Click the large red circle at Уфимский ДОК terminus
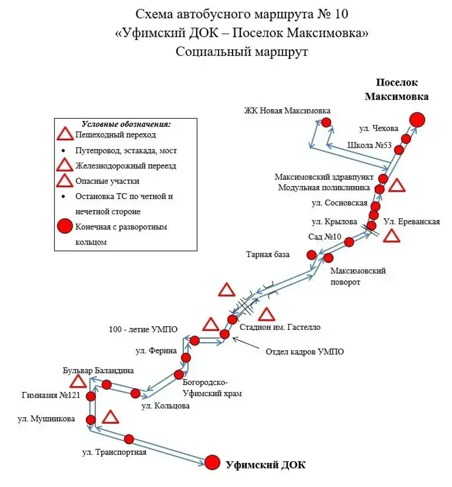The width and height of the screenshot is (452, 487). click(212, 462)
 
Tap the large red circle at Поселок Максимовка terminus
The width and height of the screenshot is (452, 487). click(417, 120)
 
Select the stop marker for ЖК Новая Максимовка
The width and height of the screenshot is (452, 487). click(326, 123)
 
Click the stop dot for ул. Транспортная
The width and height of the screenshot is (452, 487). click(129, 439)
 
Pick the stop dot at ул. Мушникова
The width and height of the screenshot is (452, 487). click(91, 420)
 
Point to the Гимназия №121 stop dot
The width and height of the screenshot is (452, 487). click(91, 396)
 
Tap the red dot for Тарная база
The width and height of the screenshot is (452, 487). click(311, 255)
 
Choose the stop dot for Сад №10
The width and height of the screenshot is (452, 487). click(349, 242)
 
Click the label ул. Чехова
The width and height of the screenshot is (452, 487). click(379, 128)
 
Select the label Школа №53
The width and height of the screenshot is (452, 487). click(369, 145)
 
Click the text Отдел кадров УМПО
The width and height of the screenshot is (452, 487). click(305, 352)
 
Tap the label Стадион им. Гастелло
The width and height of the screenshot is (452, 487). click(280, 327)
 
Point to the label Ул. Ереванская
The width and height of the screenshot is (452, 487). click(412, 222)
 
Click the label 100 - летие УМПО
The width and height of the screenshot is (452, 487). click(143, 329)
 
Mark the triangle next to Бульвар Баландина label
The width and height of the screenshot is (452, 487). click(78, 382)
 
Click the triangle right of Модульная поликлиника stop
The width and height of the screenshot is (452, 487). click(397, 186)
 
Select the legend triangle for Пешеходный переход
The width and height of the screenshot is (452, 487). click(65, 134)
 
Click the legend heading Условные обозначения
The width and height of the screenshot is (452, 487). click(126, 124)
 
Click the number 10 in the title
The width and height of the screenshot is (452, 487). click(341, 14)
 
